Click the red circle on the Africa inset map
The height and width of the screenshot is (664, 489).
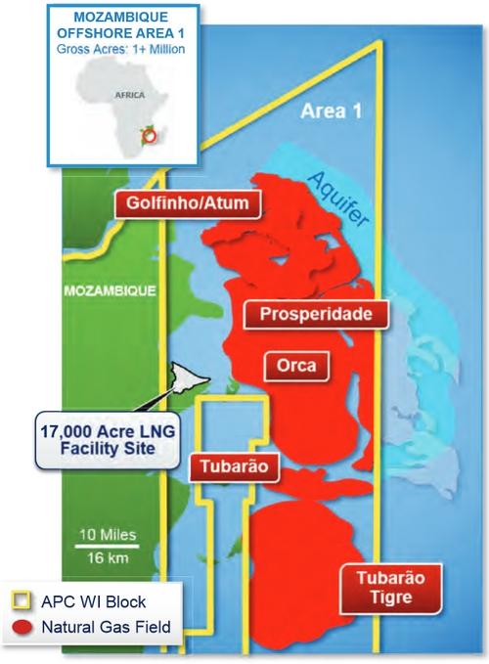point(149,137)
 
